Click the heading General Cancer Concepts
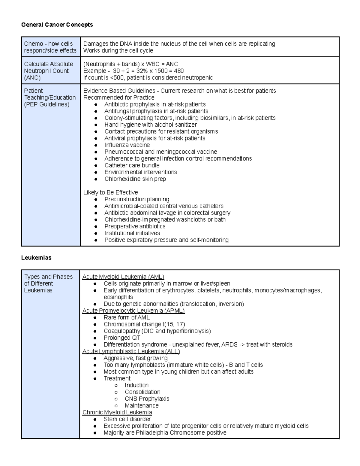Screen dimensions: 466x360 pyautogui.click(x=57, y=25)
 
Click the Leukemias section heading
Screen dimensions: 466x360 pyautogui.click(x=36, y=257)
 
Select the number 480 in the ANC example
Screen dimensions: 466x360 pyautogui.click(x=179, y=71)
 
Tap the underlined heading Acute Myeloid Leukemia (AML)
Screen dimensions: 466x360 pyautogui.click(x=123, y=277)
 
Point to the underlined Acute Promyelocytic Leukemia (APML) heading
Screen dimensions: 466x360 pyautogui.click(x=133, y=311)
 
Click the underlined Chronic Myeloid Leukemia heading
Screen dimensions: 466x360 pyautogui.click(x=117, y=412)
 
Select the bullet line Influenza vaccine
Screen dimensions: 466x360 pyautogui.click(x=127, y=145)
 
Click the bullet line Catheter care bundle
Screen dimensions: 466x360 pyautogui.click(x=132, y=165)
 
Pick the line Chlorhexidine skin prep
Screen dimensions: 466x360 pyautogui.click(x=135, y=179)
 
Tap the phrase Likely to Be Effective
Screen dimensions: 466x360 pyautogui.click(x=110, y=192)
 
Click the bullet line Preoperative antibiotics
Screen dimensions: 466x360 pyautogui.click(x=135, y=226)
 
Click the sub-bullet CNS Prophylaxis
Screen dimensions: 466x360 pyautogui.click(x=147, y=399)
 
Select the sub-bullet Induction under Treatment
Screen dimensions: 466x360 pyautogui.click(x=136, y=385)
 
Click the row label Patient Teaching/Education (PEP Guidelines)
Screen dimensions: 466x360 pyautogui.click(x=49, y=98)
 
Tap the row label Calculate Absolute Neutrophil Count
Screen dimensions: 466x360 pyautogui.click(x=48, y=71)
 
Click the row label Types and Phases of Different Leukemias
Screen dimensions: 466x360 pyautogui.click(x=48, y=283)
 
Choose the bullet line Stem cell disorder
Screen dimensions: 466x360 pyautogui.click(x=127, y=419)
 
